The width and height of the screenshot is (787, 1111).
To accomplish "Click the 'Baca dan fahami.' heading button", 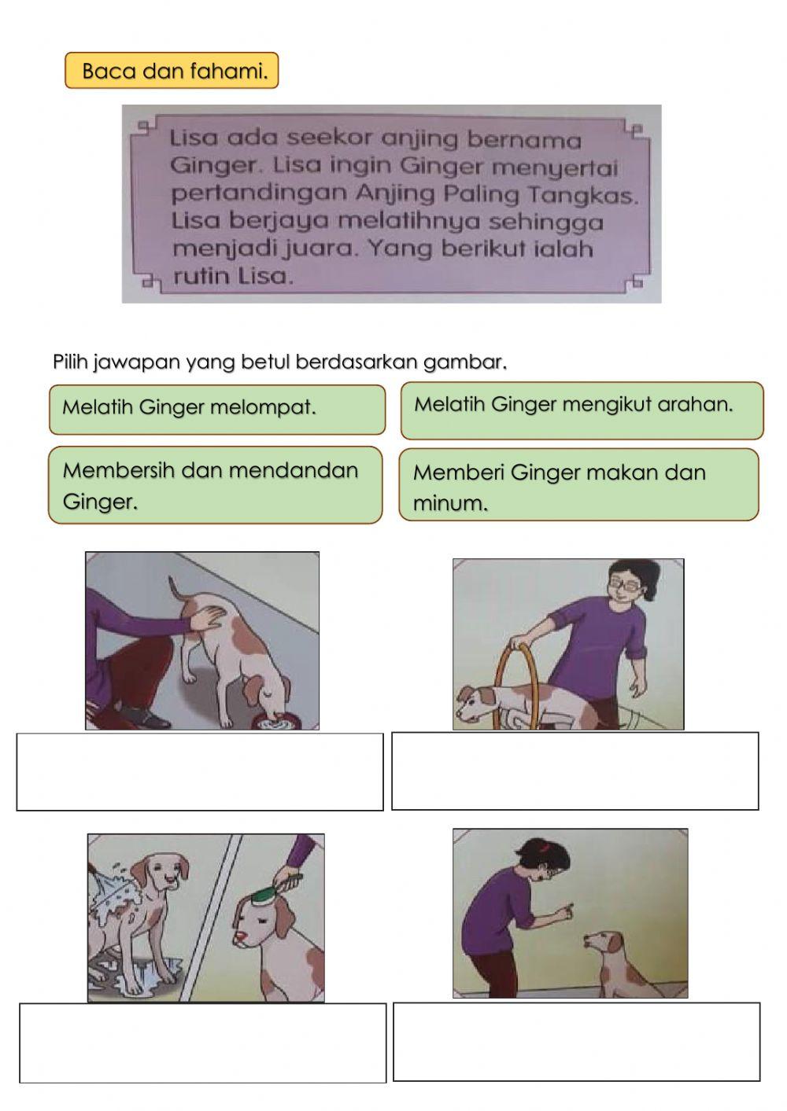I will [172, 71].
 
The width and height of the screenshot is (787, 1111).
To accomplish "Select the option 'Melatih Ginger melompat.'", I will [216, 409].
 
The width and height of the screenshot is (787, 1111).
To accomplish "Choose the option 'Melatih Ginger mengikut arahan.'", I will [582, 410].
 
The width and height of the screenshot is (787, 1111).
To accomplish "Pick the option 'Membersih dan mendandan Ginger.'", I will [215, 485].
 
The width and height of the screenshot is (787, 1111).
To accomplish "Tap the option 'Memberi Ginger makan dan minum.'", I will [578, 485].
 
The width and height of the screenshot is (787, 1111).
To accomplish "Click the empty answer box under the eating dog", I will [200, 771].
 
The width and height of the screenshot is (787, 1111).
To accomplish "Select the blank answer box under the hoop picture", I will [575, 771].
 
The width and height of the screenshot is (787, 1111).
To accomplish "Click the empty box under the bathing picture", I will [203, 1043].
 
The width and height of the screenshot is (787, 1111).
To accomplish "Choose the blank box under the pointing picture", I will [576, 1041].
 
